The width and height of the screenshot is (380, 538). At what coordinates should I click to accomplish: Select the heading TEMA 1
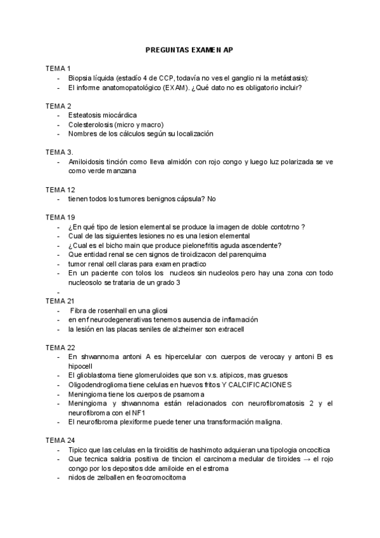click(x=58, y=68)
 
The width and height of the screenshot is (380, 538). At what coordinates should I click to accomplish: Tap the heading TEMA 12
click(x=60, y=190)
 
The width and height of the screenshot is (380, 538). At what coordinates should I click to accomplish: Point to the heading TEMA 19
click(x=60, y=217)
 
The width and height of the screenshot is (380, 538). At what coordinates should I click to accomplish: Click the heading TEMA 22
click(x=60, y=347)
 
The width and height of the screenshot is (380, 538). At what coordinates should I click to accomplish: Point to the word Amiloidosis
click(x=87, y=162)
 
